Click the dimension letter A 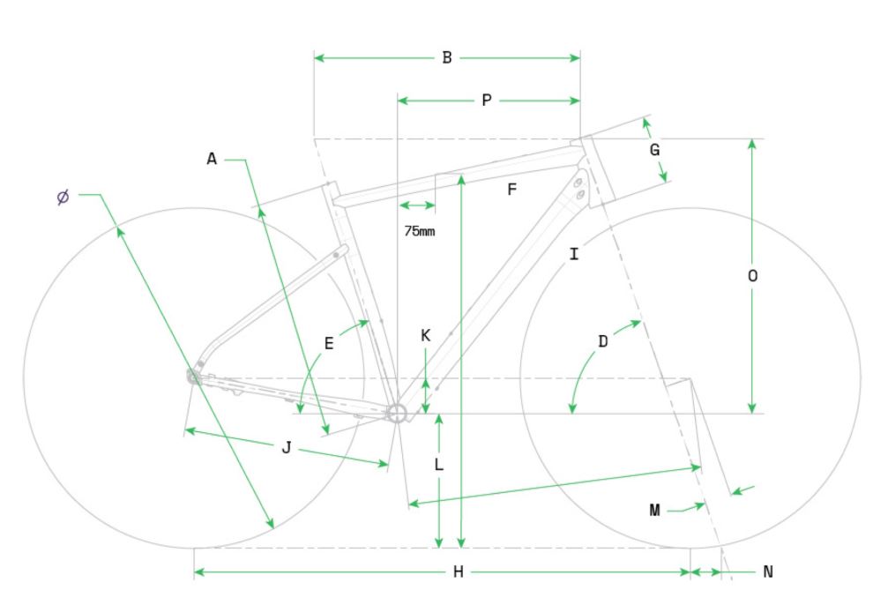pos(212,159)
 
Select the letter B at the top pos(447,58)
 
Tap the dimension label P pos(487,101)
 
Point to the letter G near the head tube pos(654,150)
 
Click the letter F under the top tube pos(511,189)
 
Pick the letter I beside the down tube pos(574,255)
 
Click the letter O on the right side pos(752,276)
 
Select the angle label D pos(603,340)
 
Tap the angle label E pos(329,344)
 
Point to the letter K pos(425,335)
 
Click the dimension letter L pos(438,465)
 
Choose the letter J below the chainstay pos(286,448)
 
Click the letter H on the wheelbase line pos(458,573)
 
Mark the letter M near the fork pos(654,510)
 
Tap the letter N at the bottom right pos(767,573)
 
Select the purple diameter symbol pos(63,197)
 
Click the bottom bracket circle pos(396,412)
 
